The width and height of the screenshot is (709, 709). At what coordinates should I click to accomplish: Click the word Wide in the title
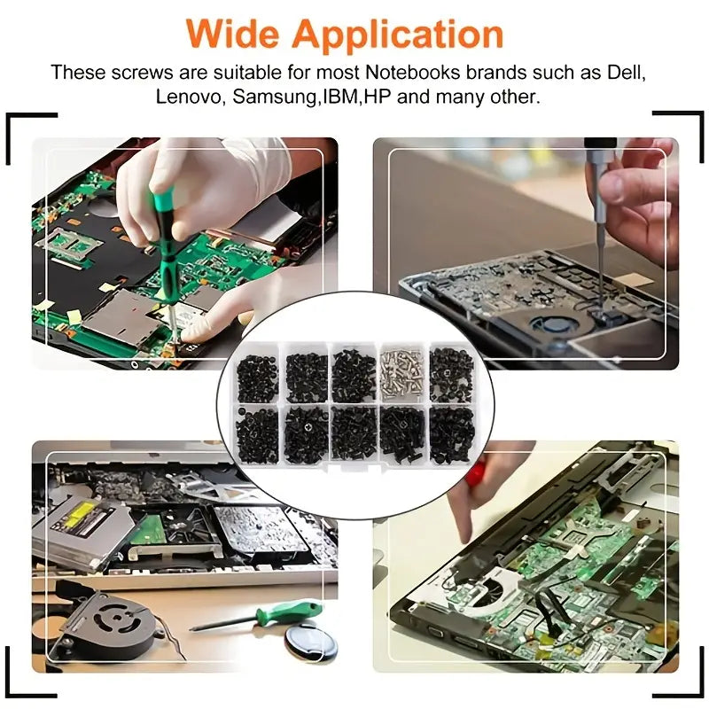tap(234, 34)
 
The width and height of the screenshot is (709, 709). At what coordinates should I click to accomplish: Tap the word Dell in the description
tap(626, 73)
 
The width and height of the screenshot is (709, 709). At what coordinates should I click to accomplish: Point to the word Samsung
tap(275, 97)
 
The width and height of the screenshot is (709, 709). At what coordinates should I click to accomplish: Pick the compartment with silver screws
tap(402, 374)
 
